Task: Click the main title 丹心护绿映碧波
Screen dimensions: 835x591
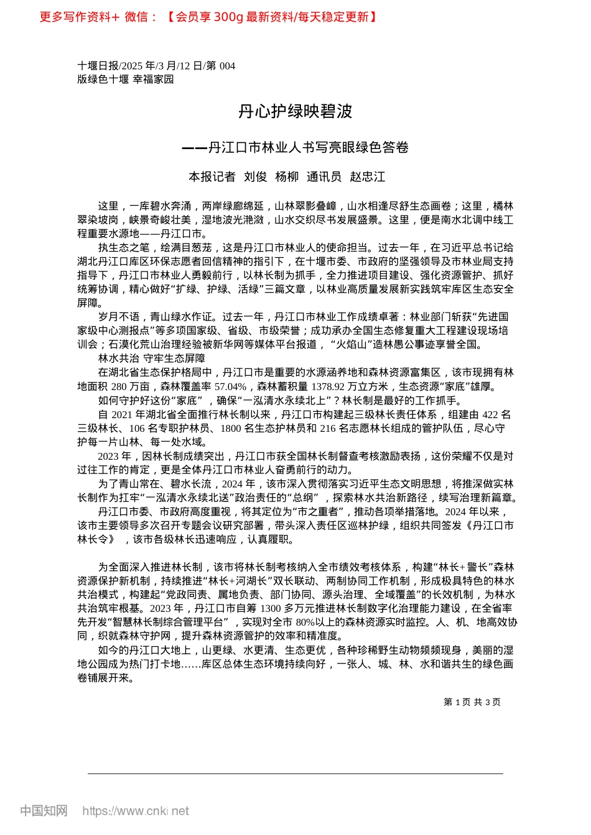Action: click(295, 112)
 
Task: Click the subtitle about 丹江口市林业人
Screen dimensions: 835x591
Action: click(295, 148)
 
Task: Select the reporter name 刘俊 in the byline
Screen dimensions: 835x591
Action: click(255, 177)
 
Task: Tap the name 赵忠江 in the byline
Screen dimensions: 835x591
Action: click(367, 177)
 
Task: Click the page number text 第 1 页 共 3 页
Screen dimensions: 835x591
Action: click(472, 702)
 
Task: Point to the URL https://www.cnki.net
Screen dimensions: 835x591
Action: click(136, 811)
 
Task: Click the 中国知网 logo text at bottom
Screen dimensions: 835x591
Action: click(44, 811)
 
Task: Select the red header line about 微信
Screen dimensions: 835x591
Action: click(208, 17)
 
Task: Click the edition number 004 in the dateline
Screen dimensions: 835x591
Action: click(227, 66)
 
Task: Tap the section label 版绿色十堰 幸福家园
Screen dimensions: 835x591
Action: click(126, 80)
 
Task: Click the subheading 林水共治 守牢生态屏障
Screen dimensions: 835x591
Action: click(152, 358)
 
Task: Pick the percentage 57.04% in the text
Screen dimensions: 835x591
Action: click(230, 386)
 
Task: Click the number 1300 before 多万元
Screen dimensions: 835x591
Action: click(271, 609)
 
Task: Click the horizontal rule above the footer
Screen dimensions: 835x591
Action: click(295, 773)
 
